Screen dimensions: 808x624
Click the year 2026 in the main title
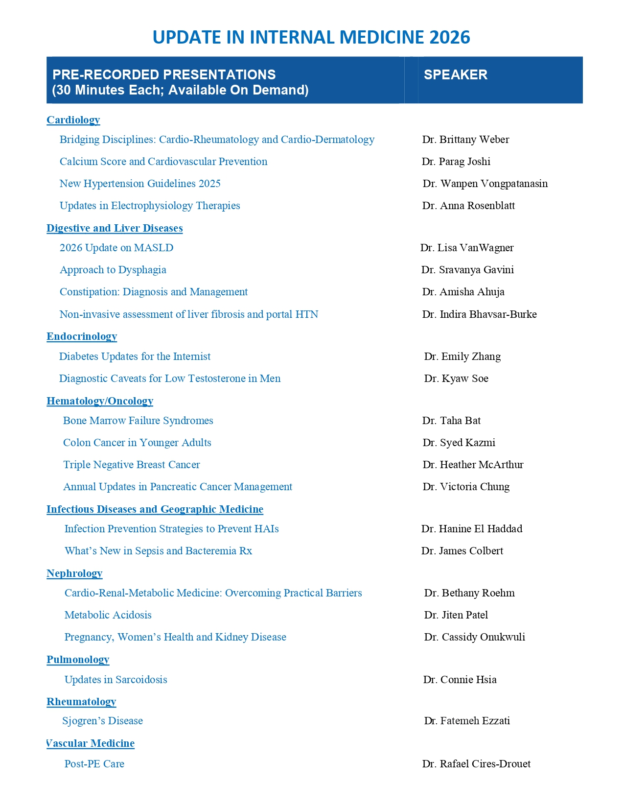coord(449,38)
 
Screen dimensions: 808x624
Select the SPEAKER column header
coord(455,75)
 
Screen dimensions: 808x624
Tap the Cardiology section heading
coord(73,120)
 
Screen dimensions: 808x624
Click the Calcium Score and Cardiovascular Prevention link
coord(163,162)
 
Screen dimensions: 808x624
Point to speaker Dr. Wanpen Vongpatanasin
coord(485,184)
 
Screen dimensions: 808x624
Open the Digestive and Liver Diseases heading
coord(115,228)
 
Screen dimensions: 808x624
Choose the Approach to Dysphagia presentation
coord(113,270)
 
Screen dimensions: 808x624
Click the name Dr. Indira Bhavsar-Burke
coord(479,314)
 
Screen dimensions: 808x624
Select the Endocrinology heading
coord(82,336)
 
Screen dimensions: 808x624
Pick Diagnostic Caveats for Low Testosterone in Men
coord(170,379)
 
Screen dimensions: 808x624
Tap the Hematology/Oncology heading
coord(100,401)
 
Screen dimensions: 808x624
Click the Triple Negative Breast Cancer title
coord(132,465)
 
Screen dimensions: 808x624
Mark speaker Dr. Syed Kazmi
coord(459,443)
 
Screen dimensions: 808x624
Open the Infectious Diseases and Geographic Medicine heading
coord(155,509)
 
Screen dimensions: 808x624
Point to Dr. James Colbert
coord(462,551)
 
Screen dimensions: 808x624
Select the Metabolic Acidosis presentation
coord(108,615)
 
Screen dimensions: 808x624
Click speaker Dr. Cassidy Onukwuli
coord(474,637)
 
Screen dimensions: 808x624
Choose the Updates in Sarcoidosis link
coord(116,680)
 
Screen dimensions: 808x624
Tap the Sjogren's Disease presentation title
coord(103,721)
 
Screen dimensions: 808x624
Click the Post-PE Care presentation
coord(94,764)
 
